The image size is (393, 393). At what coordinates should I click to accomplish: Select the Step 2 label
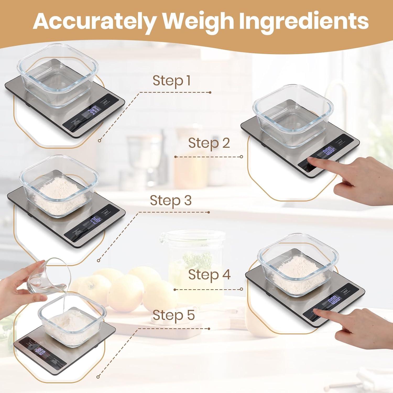(x=209, y=143)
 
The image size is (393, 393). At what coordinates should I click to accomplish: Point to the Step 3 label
(x=171, y=200)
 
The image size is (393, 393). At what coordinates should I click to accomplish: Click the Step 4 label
(x=209, y=275)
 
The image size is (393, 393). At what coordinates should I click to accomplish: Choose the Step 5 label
(x=174, y=315)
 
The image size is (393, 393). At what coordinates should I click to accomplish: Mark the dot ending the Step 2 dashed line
(x=241, y=157)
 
